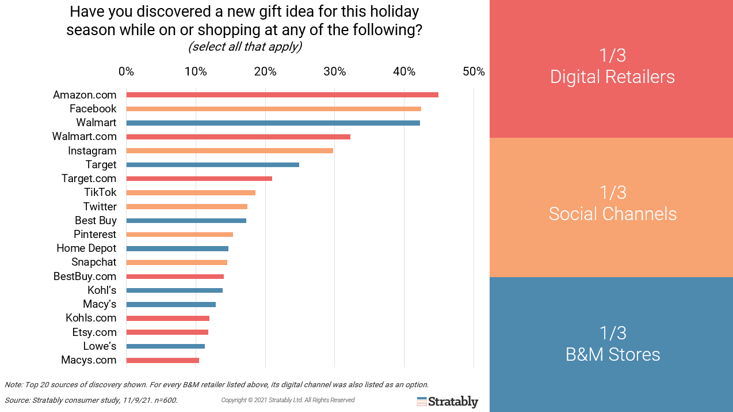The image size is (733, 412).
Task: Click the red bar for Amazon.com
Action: [282, 95]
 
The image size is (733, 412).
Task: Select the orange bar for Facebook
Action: [273, 109]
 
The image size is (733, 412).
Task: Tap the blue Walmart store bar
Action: [273, 123]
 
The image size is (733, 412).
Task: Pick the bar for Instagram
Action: [230, 150]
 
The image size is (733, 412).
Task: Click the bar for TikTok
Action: [190, 192]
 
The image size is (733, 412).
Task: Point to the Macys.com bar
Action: [162, 360]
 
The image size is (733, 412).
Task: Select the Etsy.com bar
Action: [167, 332]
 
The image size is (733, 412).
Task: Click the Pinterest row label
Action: [95, 235]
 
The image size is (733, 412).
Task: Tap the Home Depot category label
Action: [86, 248]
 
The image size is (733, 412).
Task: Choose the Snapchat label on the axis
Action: [94, 262]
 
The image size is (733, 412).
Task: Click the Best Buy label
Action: [96, 221]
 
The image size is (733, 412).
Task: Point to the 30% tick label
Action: [334, 72]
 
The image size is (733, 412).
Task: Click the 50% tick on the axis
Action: [474, 72]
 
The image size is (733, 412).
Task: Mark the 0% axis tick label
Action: [126, 72]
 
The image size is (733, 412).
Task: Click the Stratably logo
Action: [448, 402]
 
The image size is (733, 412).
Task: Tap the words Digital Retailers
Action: [612, 77]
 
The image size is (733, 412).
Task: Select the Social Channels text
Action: [612, 214]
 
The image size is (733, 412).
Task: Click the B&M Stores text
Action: [612, 354]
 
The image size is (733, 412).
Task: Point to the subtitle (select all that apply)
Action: [245, 47]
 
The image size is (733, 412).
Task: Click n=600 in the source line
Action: [166, 400]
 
